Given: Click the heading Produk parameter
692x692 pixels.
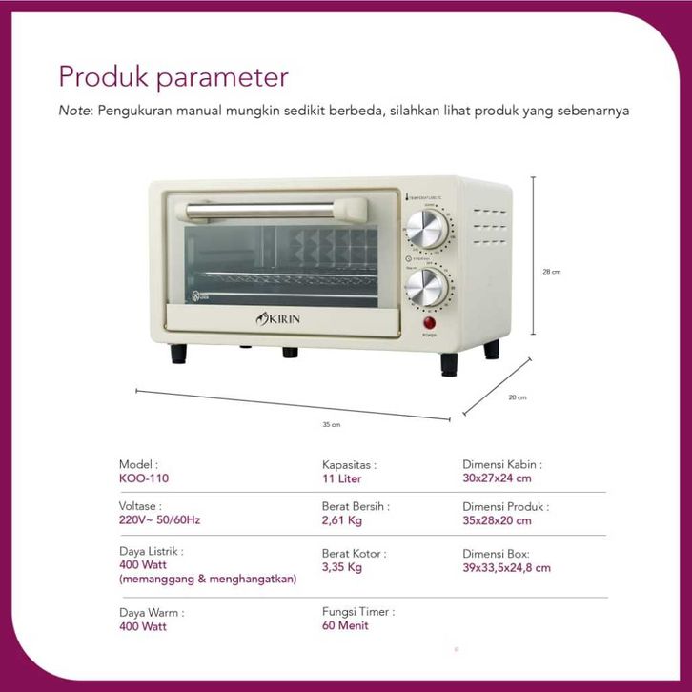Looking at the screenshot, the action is click(x=173, y=76).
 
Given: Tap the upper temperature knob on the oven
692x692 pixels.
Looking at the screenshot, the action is click(x=425, y=229).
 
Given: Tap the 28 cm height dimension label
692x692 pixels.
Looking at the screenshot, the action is click(x=551, y=272).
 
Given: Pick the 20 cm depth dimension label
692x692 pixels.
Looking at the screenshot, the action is click(x=518, y=397).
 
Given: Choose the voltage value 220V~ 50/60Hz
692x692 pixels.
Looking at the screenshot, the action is click(x=160, y=520).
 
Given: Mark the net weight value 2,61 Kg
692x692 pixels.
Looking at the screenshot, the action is click(x=342, y=520).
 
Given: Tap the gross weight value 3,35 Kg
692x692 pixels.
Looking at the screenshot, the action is click(x=342, y=567).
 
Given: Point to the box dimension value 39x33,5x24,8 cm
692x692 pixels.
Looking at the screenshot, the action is click(x=507, y=567).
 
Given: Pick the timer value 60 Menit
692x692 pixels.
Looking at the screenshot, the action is click(x=345, y=625).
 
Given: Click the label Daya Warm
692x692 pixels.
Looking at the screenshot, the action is click(x=152, y=612).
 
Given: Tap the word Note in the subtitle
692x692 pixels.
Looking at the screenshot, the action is click(x=74, y=111).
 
